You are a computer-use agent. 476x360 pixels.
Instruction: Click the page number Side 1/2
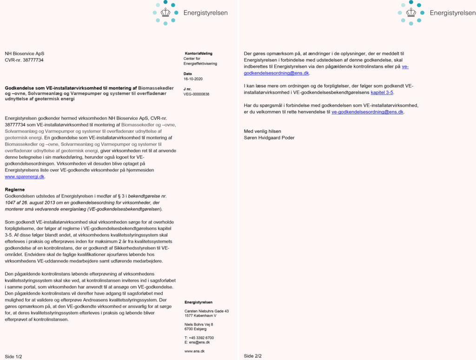point(13,356)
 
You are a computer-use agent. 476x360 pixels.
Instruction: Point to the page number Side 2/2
point(253,356)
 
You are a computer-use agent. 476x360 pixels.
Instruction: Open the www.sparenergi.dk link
point(25,177)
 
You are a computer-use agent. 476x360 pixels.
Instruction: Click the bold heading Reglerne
point(15,190)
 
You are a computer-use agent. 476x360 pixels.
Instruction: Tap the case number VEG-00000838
point(197,94)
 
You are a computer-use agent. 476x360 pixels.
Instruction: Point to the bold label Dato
point(188,74)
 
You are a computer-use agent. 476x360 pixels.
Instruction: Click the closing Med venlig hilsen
point(263,131)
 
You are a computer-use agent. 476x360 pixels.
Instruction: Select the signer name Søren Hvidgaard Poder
point(269,137)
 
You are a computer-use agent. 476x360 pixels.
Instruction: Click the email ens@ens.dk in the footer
point(199,342)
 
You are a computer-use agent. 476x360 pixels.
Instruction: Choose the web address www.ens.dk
point(194,351)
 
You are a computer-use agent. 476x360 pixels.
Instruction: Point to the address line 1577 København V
point(200,316)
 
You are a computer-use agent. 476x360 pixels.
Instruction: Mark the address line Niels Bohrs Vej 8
point(198,324)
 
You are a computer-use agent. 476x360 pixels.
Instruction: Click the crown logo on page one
point(165,13)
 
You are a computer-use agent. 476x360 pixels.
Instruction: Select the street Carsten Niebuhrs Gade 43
point(206,311)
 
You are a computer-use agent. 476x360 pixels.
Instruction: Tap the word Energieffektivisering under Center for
point(201,64)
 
